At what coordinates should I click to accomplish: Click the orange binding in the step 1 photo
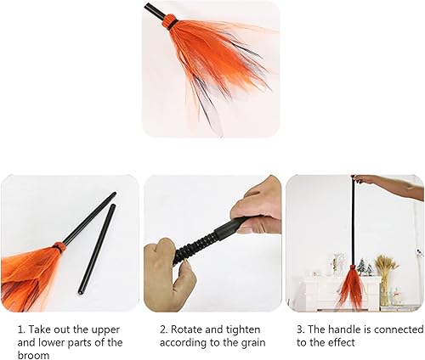tap(59, 247)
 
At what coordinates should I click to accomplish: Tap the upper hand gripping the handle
tap(258, 204)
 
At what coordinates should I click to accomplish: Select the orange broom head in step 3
tap(350, 287)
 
